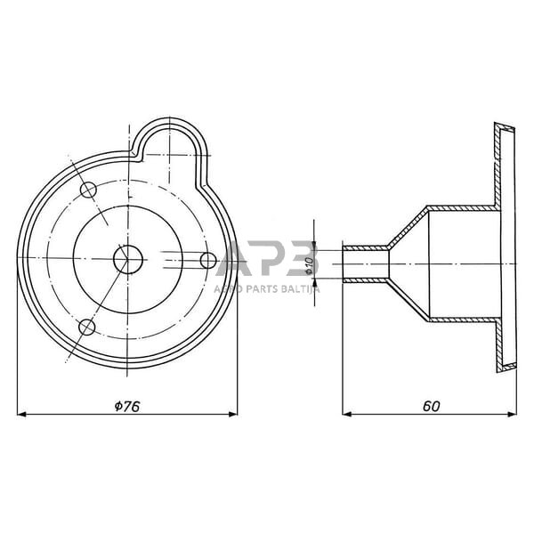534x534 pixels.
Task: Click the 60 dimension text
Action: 431,405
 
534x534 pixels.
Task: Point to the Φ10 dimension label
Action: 309,265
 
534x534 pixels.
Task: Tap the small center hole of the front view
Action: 128,259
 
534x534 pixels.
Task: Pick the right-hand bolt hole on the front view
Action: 208,260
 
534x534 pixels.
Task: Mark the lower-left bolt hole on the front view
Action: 87,328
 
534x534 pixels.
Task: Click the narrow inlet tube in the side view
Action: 365,264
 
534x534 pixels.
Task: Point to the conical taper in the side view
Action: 408,264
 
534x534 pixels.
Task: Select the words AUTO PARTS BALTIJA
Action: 266,289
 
